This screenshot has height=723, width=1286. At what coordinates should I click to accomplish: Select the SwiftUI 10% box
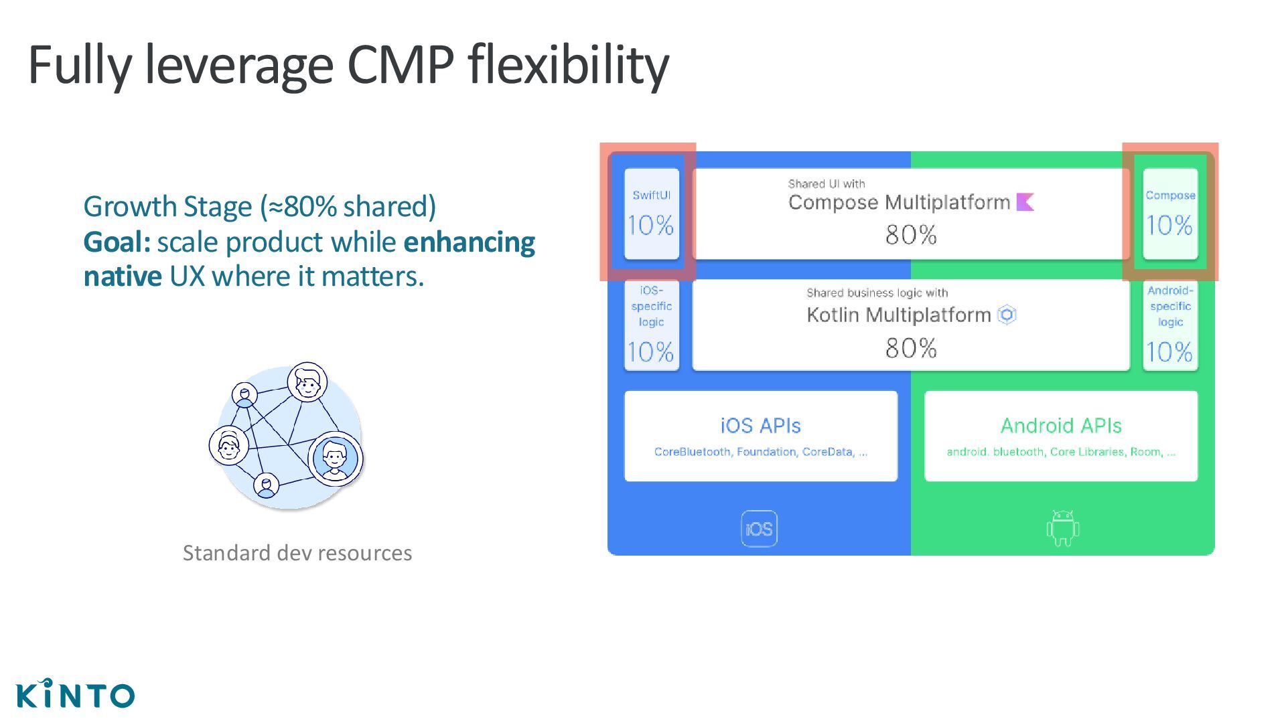coord(651,214)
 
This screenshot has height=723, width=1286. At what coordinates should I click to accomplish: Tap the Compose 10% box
coord(1169,214)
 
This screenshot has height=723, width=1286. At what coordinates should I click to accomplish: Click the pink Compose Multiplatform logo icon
coord(1025,202)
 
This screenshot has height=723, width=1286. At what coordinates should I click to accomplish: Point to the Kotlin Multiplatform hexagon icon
coord(1007,315)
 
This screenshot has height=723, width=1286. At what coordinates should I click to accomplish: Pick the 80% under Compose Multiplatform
coord(910,235)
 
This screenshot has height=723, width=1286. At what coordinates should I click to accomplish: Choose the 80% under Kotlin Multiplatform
coord(910,348)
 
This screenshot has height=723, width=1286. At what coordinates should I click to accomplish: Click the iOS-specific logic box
coord(651,325)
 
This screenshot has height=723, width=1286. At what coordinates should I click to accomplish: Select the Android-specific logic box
coord(1169,325)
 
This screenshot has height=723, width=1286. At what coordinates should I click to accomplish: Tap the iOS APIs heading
coord(760,426)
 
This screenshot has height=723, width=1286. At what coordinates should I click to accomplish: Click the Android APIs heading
coord(1061,426)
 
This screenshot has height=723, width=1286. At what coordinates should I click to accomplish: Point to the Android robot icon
coord(1062,528)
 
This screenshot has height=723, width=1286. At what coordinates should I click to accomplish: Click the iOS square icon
coord(759,529)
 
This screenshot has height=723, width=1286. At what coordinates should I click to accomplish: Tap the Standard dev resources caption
coord(297,553)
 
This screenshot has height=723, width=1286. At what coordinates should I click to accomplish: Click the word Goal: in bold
coord(117,242)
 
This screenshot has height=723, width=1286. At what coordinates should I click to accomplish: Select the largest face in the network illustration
coord(334,459)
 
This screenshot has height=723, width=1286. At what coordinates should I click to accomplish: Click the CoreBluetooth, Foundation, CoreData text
coord(760,452)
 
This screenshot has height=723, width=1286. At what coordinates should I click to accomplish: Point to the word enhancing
coord(469,242)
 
